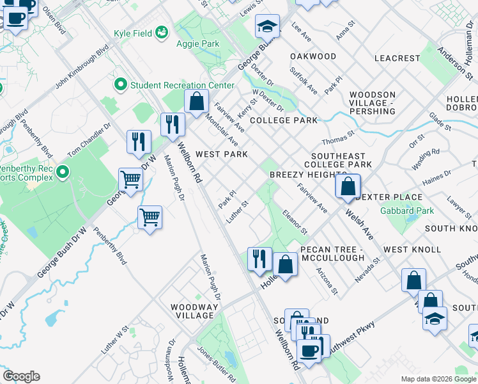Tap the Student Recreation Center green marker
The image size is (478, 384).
119,84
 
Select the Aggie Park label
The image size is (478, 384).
198,44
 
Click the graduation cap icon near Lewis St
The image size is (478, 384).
267,26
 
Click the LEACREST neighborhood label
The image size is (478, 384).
397,58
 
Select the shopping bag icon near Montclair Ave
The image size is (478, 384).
197,100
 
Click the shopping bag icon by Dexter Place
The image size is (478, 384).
348,187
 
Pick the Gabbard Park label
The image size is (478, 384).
407,211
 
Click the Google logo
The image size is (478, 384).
22,376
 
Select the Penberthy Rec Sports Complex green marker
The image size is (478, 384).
62,172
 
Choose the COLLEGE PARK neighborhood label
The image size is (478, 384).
284,120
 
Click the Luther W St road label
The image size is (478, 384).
115,340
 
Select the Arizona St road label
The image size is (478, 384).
327,281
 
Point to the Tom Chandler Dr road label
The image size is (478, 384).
89,140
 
